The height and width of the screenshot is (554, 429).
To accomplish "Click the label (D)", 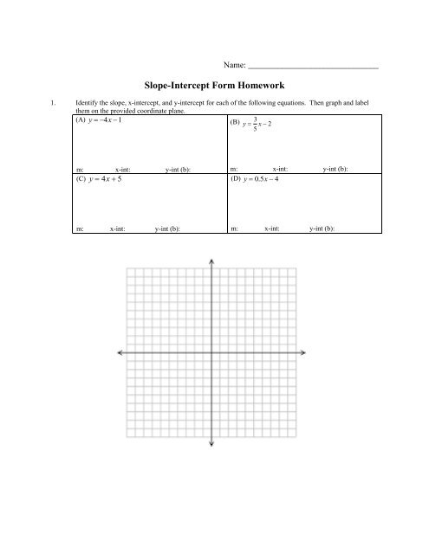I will click(235, 180).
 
